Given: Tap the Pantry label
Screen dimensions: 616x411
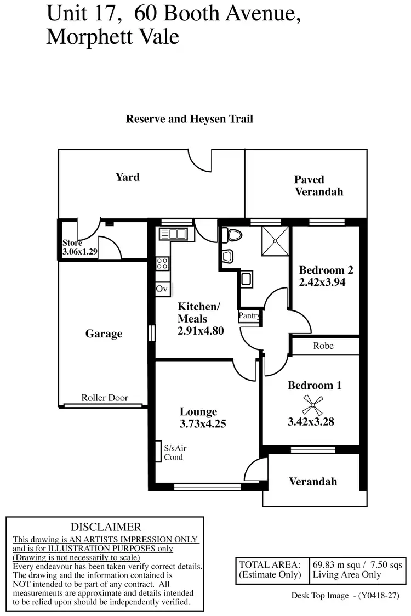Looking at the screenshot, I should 248,316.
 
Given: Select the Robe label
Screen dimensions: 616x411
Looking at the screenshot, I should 323,346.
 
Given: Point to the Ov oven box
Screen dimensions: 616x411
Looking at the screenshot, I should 162,289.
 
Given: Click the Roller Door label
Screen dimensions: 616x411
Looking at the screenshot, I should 105,398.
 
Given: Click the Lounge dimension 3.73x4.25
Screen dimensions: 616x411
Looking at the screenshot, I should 203,423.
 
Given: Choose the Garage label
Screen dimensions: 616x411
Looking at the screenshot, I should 104,334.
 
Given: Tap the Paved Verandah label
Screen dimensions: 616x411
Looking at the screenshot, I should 319,185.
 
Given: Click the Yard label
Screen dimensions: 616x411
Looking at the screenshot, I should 127,177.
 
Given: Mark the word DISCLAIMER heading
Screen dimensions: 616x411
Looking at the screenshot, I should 106,527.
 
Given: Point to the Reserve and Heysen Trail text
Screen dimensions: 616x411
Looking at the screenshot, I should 190,118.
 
